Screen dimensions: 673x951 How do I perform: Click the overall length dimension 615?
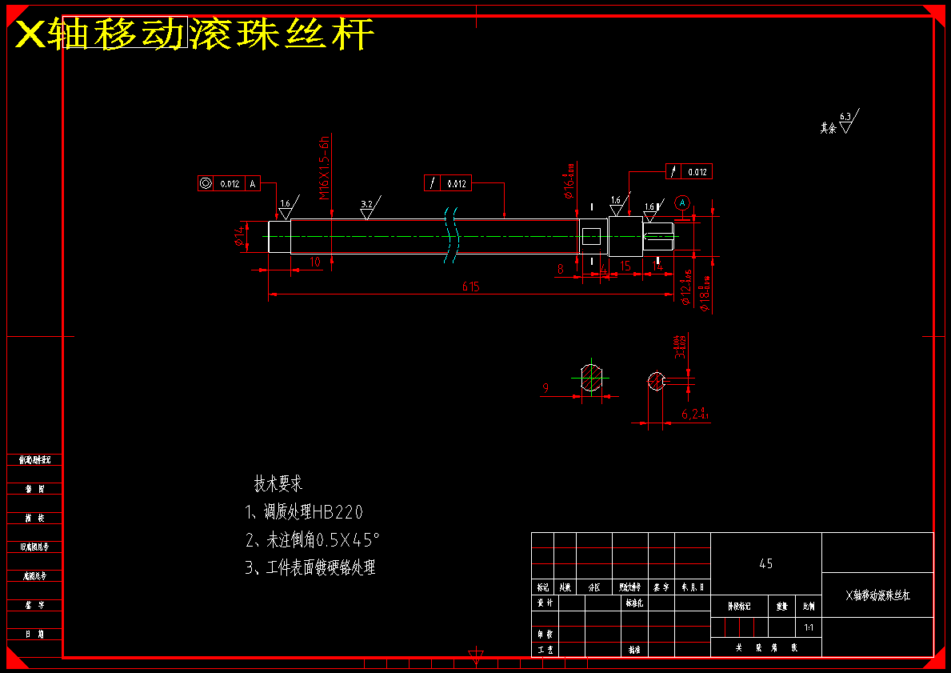[x=470, y=286]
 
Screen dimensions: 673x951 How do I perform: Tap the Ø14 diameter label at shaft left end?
[x=238, y=236]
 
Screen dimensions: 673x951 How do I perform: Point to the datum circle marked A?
[x=682, y=202]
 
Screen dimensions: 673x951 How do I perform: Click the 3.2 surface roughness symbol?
[x=369, y=208]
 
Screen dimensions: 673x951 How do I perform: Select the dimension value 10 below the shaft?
[x=314, y=262]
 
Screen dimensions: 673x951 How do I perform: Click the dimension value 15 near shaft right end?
[x=625, y=266]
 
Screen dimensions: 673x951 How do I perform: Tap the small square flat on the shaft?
[x=591, y=236]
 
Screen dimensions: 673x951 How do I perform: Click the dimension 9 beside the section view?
[x=545, y=388]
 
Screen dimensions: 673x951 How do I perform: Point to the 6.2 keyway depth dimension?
[x=694, y=414]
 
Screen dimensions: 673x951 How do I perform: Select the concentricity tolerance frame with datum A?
[x=229, y=183]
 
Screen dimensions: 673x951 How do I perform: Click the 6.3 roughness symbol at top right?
[x=846, y=121]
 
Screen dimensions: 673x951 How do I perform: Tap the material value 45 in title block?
[x=765, y=563]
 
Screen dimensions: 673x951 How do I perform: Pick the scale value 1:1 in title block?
[x=809, y=627]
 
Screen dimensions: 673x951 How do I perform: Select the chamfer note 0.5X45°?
[x=312, y=540]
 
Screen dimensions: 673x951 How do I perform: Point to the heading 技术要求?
[x=278, y=484]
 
